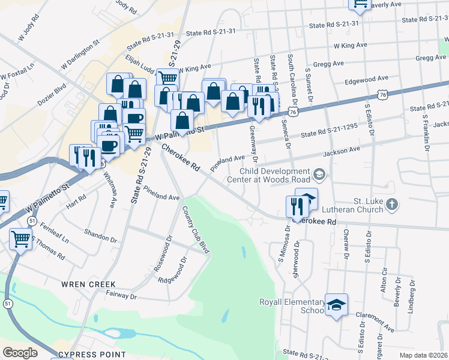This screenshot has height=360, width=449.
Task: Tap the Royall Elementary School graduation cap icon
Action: pos(337,306)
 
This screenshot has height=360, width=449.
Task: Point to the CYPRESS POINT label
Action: pos(92,354)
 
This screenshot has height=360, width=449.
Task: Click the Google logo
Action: pos(20,353)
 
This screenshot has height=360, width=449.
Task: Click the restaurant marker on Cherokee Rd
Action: pos(297,207)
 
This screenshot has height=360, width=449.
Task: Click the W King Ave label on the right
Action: pos(350,46)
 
